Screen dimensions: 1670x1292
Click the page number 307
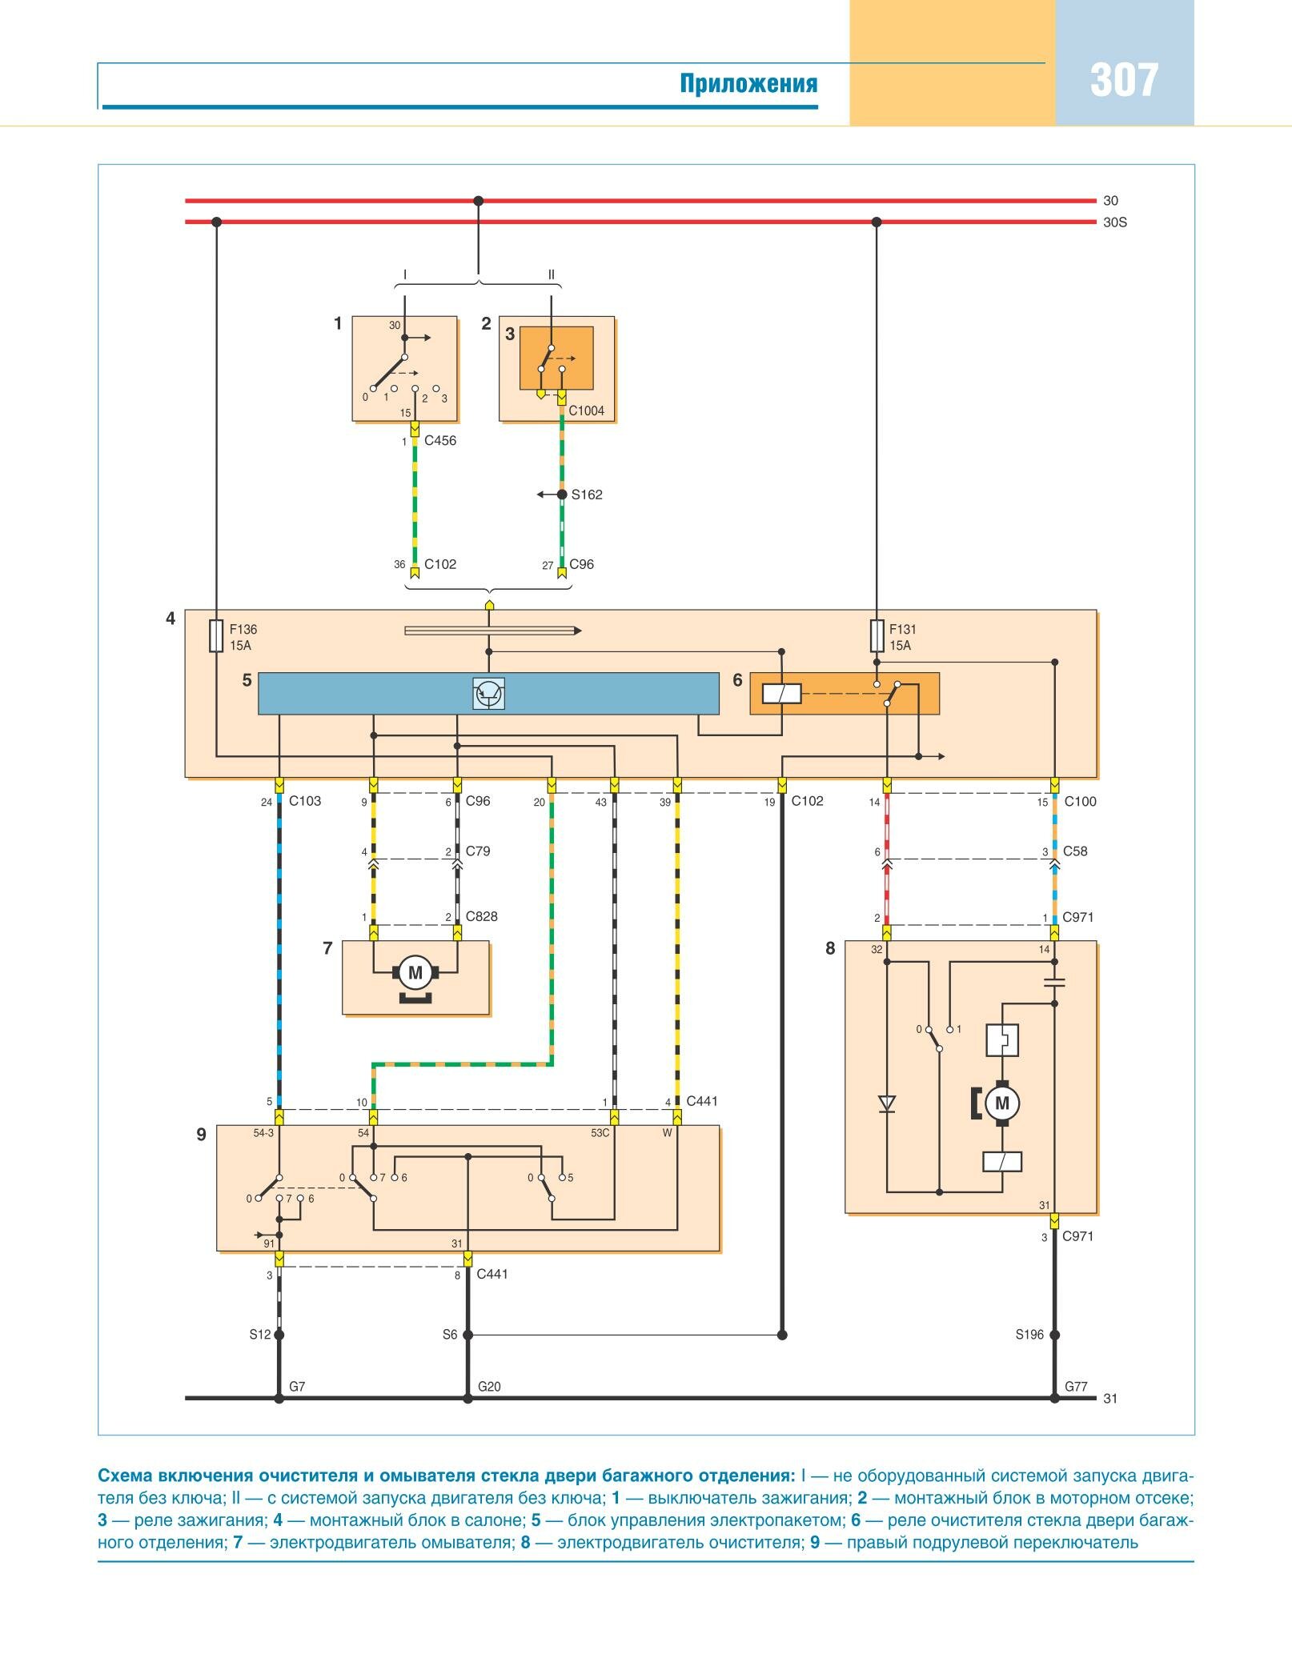coord(1124,81)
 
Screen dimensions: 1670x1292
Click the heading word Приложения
coord(748,83)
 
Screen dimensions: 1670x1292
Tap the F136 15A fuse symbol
coord(216,636)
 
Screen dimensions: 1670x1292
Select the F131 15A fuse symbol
coord(877,636)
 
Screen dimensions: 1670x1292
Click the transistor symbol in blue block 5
coord(488,694)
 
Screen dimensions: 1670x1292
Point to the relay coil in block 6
coord(781,694)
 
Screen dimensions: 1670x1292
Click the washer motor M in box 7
coord(415,973)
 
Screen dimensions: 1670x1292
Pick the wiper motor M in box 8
coord(1001,1104)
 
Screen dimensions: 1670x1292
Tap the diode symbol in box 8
coord(887,1104)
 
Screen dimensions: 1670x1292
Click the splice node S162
coord(562,495)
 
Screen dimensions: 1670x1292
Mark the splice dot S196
coord(1054,1335)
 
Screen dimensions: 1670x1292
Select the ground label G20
coord(489,1387)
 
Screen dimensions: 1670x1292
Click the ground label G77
coord(1076,1387)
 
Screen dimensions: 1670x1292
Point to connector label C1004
coord(586,411)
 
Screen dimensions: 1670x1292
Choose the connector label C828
coord(482,917)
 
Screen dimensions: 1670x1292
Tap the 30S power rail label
coord(1114,222)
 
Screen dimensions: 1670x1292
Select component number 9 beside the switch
coord(201,1135)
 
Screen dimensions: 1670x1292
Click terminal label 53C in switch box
coord(600,1133)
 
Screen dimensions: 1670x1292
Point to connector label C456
coord(440,441)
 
